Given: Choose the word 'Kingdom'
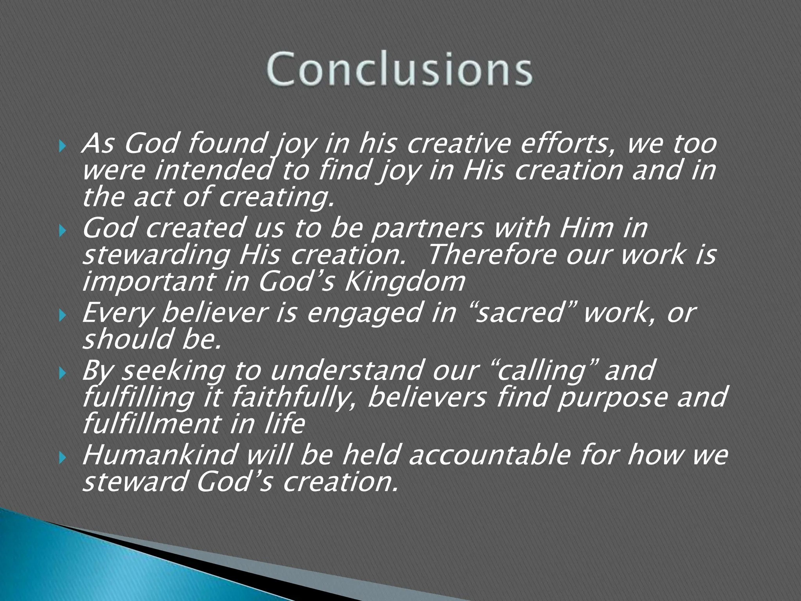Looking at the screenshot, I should pyautogui.click(x=404, y=282).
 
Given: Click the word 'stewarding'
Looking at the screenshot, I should pyautogui.click(x=156, y=255).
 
